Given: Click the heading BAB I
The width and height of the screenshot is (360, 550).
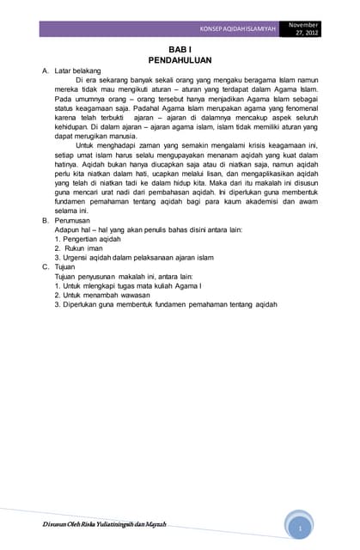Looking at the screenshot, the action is coord(180,52).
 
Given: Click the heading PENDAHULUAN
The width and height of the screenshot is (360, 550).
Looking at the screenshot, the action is coord(180,62).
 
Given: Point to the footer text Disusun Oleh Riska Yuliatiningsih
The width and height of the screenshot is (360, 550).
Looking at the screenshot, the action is coord(104,524).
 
